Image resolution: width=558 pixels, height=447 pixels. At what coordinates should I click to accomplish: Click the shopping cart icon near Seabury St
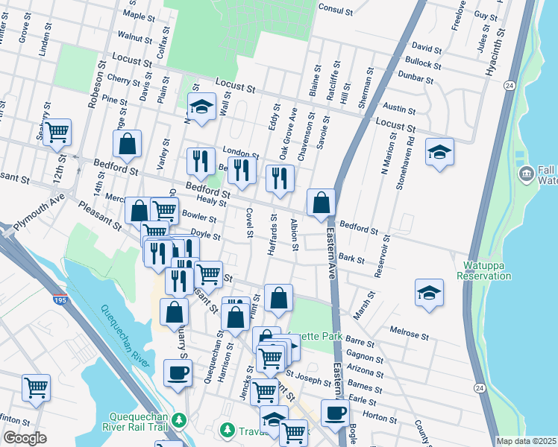tap(57, 133)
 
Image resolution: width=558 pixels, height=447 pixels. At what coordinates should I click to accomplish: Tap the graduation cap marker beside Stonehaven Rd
tap(440, 151)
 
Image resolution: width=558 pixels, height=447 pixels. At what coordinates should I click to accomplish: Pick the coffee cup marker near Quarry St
tap(178, 374)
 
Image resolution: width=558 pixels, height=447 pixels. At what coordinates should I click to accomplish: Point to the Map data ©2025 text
tap(526, 441)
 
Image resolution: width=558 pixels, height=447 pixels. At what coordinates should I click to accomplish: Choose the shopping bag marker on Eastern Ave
tap(321, 203)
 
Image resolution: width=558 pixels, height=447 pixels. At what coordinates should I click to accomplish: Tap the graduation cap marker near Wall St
tap(201, 107)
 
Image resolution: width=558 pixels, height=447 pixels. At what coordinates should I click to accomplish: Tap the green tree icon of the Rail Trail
tap(179, 421)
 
